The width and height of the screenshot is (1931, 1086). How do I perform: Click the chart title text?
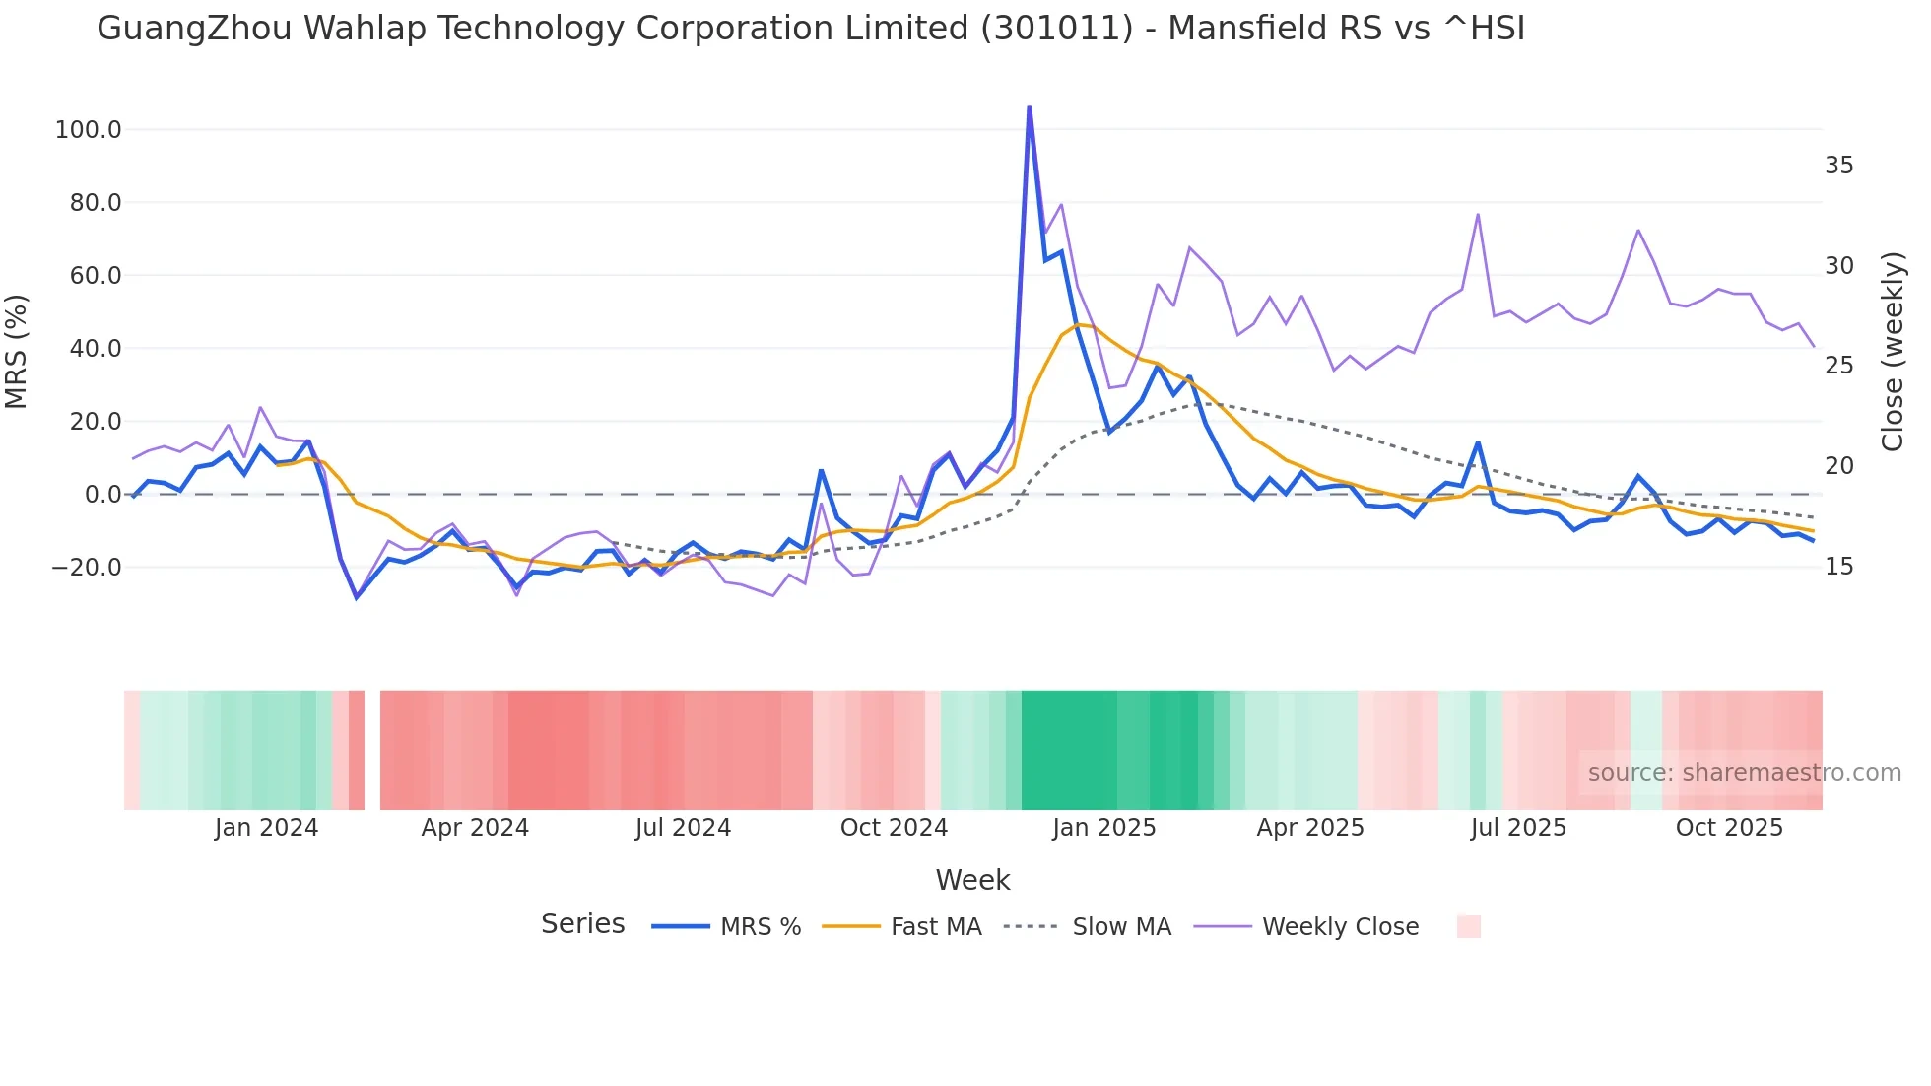click(810, 29)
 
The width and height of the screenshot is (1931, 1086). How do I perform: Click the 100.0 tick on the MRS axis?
click(89, 130)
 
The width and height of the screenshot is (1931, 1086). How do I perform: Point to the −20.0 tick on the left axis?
click(87, 568)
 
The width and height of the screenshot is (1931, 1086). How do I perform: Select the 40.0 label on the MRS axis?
click(96, 349)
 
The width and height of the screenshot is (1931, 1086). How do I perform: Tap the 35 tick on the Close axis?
click(1838, 166)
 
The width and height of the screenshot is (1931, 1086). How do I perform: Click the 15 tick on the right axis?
click(1838, 567)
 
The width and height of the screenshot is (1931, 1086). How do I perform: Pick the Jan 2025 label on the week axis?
click(1103, 828)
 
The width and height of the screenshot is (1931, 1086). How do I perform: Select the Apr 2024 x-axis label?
click(475, 828)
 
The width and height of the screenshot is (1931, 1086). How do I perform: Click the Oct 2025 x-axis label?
click(1729, 828)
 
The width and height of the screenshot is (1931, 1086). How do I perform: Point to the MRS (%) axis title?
click(17, 352)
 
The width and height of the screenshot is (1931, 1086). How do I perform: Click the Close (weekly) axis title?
click(1893, 352)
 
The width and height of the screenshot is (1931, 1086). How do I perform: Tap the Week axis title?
click(972, 880)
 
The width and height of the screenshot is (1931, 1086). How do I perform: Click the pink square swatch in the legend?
click(1468, 926)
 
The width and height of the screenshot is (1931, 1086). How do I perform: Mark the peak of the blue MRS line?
click(1029, 107)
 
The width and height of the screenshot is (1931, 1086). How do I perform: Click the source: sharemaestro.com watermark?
click(1744, 773)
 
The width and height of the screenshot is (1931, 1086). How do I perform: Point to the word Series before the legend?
click(582, 924)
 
